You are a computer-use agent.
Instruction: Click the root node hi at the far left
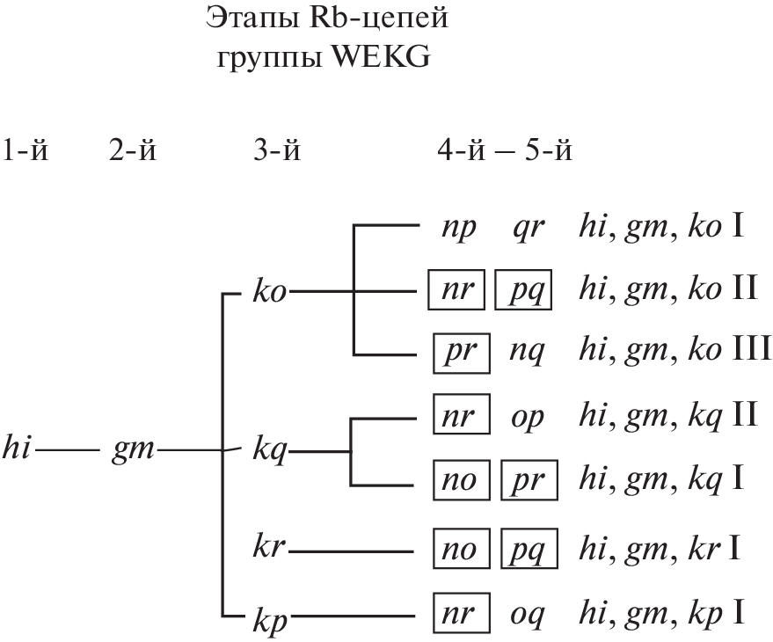click(x=18, y=453)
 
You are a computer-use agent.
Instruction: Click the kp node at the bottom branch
click(x=267, y=615)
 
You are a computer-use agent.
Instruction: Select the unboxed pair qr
click(x=528, y=231)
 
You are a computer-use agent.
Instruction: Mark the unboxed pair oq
click(x=528, y=615)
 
